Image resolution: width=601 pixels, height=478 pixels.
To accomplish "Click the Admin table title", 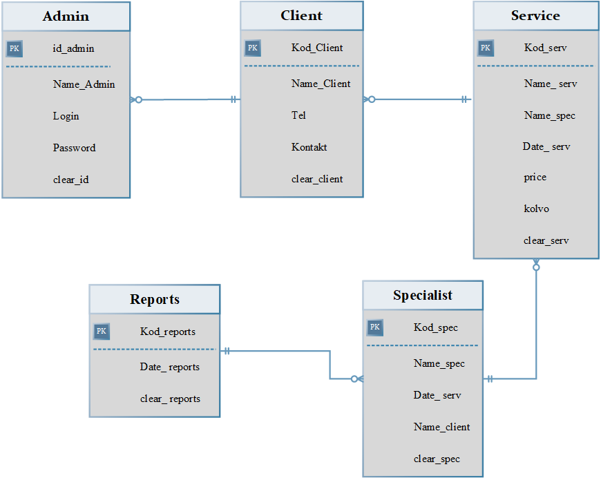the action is point(66,16).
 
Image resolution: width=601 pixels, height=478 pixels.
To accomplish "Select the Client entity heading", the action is point(302,15).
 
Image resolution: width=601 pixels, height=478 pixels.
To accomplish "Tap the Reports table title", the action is point(155,299).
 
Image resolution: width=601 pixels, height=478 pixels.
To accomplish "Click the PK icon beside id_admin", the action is point(15,48).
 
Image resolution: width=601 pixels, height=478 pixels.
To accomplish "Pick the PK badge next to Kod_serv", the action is point(485,48).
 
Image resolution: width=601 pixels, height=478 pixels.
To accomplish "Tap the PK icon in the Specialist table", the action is point(374,327).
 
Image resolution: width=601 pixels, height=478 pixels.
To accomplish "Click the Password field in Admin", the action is point(75,148).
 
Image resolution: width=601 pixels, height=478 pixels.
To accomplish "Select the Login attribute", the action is point(66,116).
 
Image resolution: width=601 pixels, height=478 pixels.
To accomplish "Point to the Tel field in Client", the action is point(298,115).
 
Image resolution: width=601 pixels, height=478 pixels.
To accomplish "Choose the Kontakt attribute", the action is point(309,147).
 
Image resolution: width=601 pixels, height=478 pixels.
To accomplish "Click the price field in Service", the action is point(535,178).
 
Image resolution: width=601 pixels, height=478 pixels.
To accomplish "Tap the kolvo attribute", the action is point(536,209).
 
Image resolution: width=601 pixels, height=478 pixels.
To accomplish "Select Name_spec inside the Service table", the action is point(550,116).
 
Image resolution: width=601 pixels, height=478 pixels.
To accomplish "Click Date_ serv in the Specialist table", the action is point(437,395).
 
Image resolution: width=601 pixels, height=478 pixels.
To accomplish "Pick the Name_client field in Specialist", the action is point(441,427).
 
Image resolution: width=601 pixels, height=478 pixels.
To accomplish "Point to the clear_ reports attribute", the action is point(170,399).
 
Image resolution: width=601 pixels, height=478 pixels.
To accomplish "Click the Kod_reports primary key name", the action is point(167,332).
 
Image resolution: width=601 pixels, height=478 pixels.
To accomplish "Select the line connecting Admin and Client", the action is point(185,99).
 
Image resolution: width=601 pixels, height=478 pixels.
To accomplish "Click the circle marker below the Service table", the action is point(536,267).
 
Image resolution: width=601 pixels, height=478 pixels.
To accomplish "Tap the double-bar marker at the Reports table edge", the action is point(227,351).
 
